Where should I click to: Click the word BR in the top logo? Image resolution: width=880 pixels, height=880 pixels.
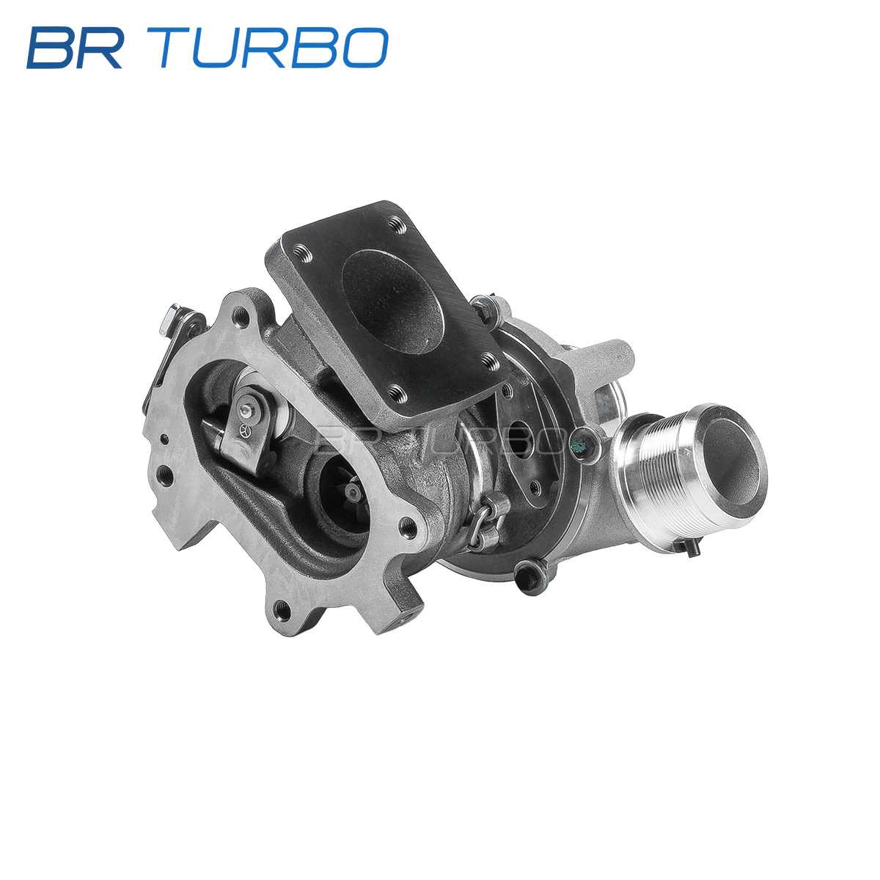[x=75, y=48]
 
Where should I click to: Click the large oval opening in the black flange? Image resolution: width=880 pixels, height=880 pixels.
[x=392, y=301]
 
